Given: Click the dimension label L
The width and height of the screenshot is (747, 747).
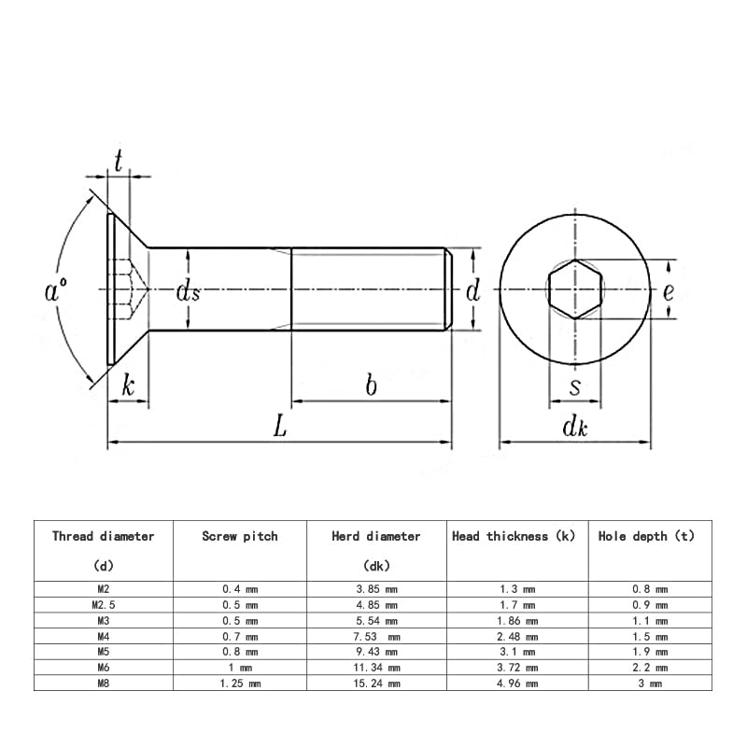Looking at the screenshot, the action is [280, 426].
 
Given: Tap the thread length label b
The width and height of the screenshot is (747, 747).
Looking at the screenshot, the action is [371, 385].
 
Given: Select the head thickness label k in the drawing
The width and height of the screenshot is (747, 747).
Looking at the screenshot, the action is [128, 385].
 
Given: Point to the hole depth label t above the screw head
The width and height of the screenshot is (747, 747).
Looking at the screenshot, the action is [119, 161].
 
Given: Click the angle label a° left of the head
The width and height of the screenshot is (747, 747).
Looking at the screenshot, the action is [56, 290].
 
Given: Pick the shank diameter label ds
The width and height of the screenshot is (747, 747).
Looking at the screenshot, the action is [189, 290].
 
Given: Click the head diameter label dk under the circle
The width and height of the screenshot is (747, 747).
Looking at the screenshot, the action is [574, 426].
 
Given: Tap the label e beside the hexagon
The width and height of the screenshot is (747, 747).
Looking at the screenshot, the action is [669, 291].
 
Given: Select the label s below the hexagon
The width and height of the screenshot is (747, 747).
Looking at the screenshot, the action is [575, 388].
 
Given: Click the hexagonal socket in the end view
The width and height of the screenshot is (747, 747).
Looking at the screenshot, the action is [575, 289].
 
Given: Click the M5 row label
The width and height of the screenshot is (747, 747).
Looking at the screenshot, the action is [104, 651].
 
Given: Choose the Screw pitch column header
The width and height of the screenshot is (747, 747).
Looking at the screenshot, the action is [240, 536].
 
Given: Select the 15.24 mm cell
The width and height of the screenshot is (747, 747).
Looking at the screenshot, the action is [376, 684].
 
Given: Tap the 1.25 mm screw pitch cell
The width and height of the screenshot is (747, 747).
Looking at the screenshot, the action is [240, 684].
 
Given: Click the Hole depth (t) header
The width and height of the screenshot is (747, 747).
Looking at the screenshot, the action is [646, 536].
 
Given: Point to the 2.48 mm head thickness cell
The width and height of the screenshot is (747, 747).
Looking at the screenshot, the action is [517, 637].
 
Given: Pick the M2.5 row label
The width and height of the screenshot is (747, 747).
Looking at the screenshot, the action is [104, 605].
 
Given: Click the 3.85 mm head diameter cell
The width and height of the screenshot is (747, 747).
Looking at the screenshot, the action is [376, 589].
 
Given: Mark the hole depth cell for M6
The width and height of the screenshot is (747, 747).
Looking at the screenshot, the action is [650, 668].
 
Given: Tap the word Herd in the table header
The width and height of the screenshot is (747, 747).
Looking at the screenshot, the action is [345, 536].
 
